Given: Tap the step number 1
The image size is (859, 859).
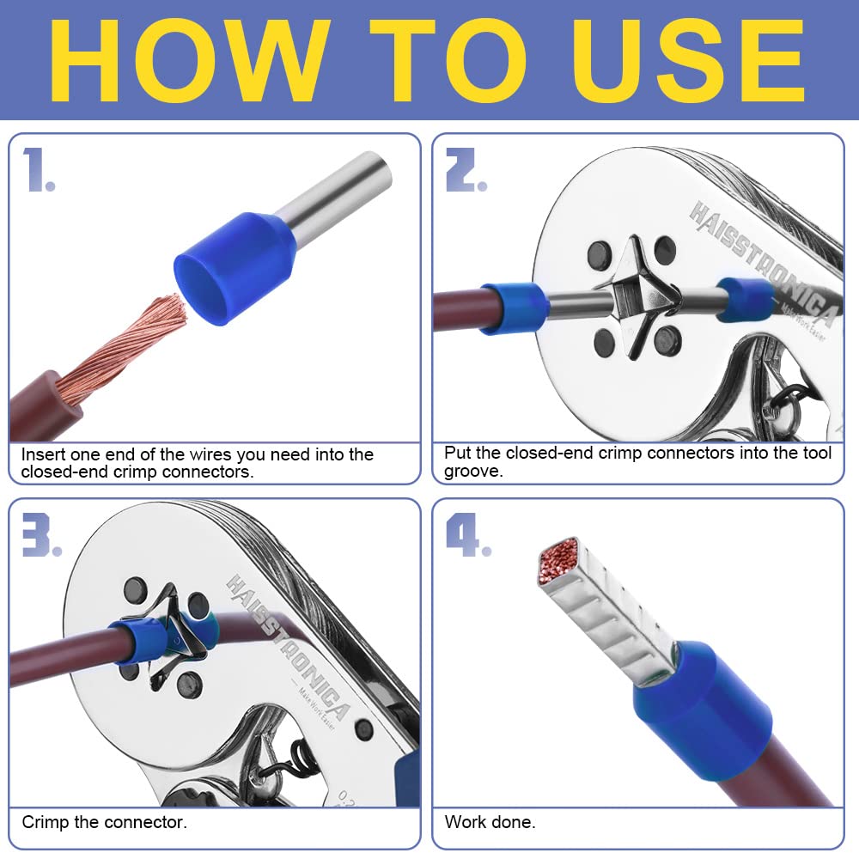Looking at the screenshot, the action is coord(39,170).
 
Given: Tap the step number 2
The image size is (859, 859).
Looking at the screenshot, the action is coord(466,170).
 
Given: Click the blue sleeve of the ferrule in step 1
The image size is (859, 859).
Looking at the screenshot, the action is coord(235,267).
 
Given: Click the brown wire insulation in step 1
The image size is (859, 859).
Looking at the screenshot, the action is coord(44,405).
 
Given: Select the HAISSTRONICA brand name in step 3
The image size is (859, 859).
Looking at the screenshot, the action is coord(289,647).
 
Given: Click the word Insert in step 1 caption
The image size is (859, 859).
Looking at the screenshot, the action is coord(43,454).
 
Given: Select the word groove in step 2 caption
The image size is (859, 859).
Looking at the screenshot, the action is coord(473,472).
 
